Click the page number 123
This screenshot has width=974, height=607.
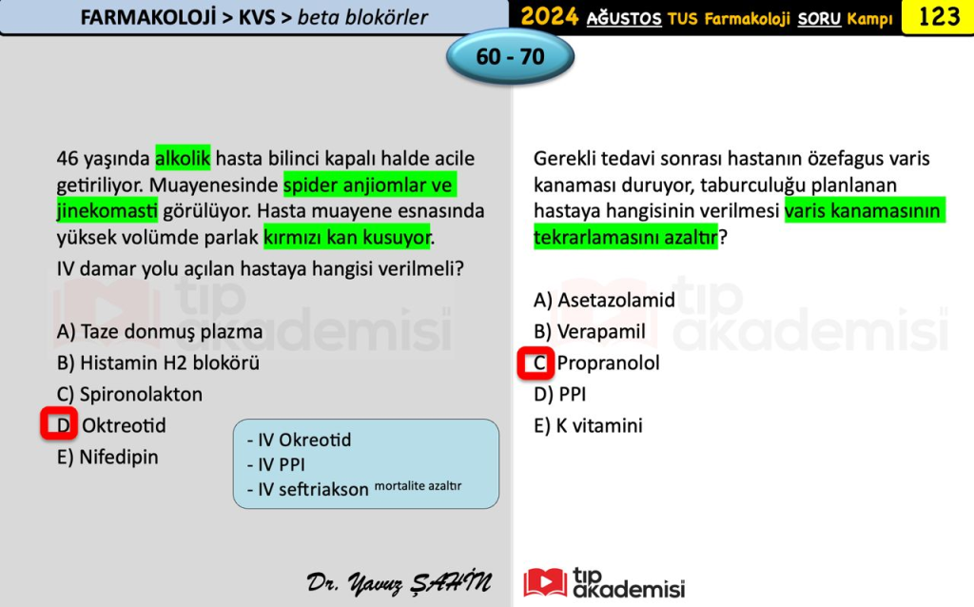coord(939,16)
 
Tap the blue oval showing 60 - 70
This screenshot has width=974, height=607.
coord(510,56)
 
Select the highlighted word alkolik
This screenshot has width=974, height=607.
coord(183,159)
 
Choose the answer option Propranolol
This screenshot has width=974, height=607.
coord(608,362)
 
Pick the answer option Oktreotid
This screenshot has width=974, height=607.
coord(124,425)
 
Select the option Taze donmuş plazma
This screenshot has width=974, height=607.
coord(160,332)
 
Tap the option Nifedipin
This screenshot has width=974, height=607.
coord(107,458)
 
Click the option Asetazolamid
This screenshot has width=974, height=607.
coord(604,300)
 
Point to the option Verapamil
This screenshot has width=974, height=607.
coord(590,332)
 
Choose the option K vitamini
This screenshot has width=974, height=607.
coord(588,425)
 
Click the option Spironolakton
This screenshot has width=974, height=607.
coord(129,395)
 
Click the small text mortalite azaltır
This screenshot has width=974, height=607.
coord(419,486)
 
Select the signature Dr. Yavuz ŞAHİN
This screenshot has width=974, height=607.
coord(399,582)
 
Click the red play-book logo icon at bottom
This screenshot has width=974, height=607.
coord(545,583)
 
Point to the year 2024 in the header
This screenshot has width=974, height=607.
coord(550,17)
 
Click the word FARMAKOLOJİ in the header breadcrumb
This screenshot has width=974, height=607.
coord(148,17)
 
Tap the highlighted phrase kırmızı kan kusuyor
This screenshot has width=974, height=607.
coord(347,237)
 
